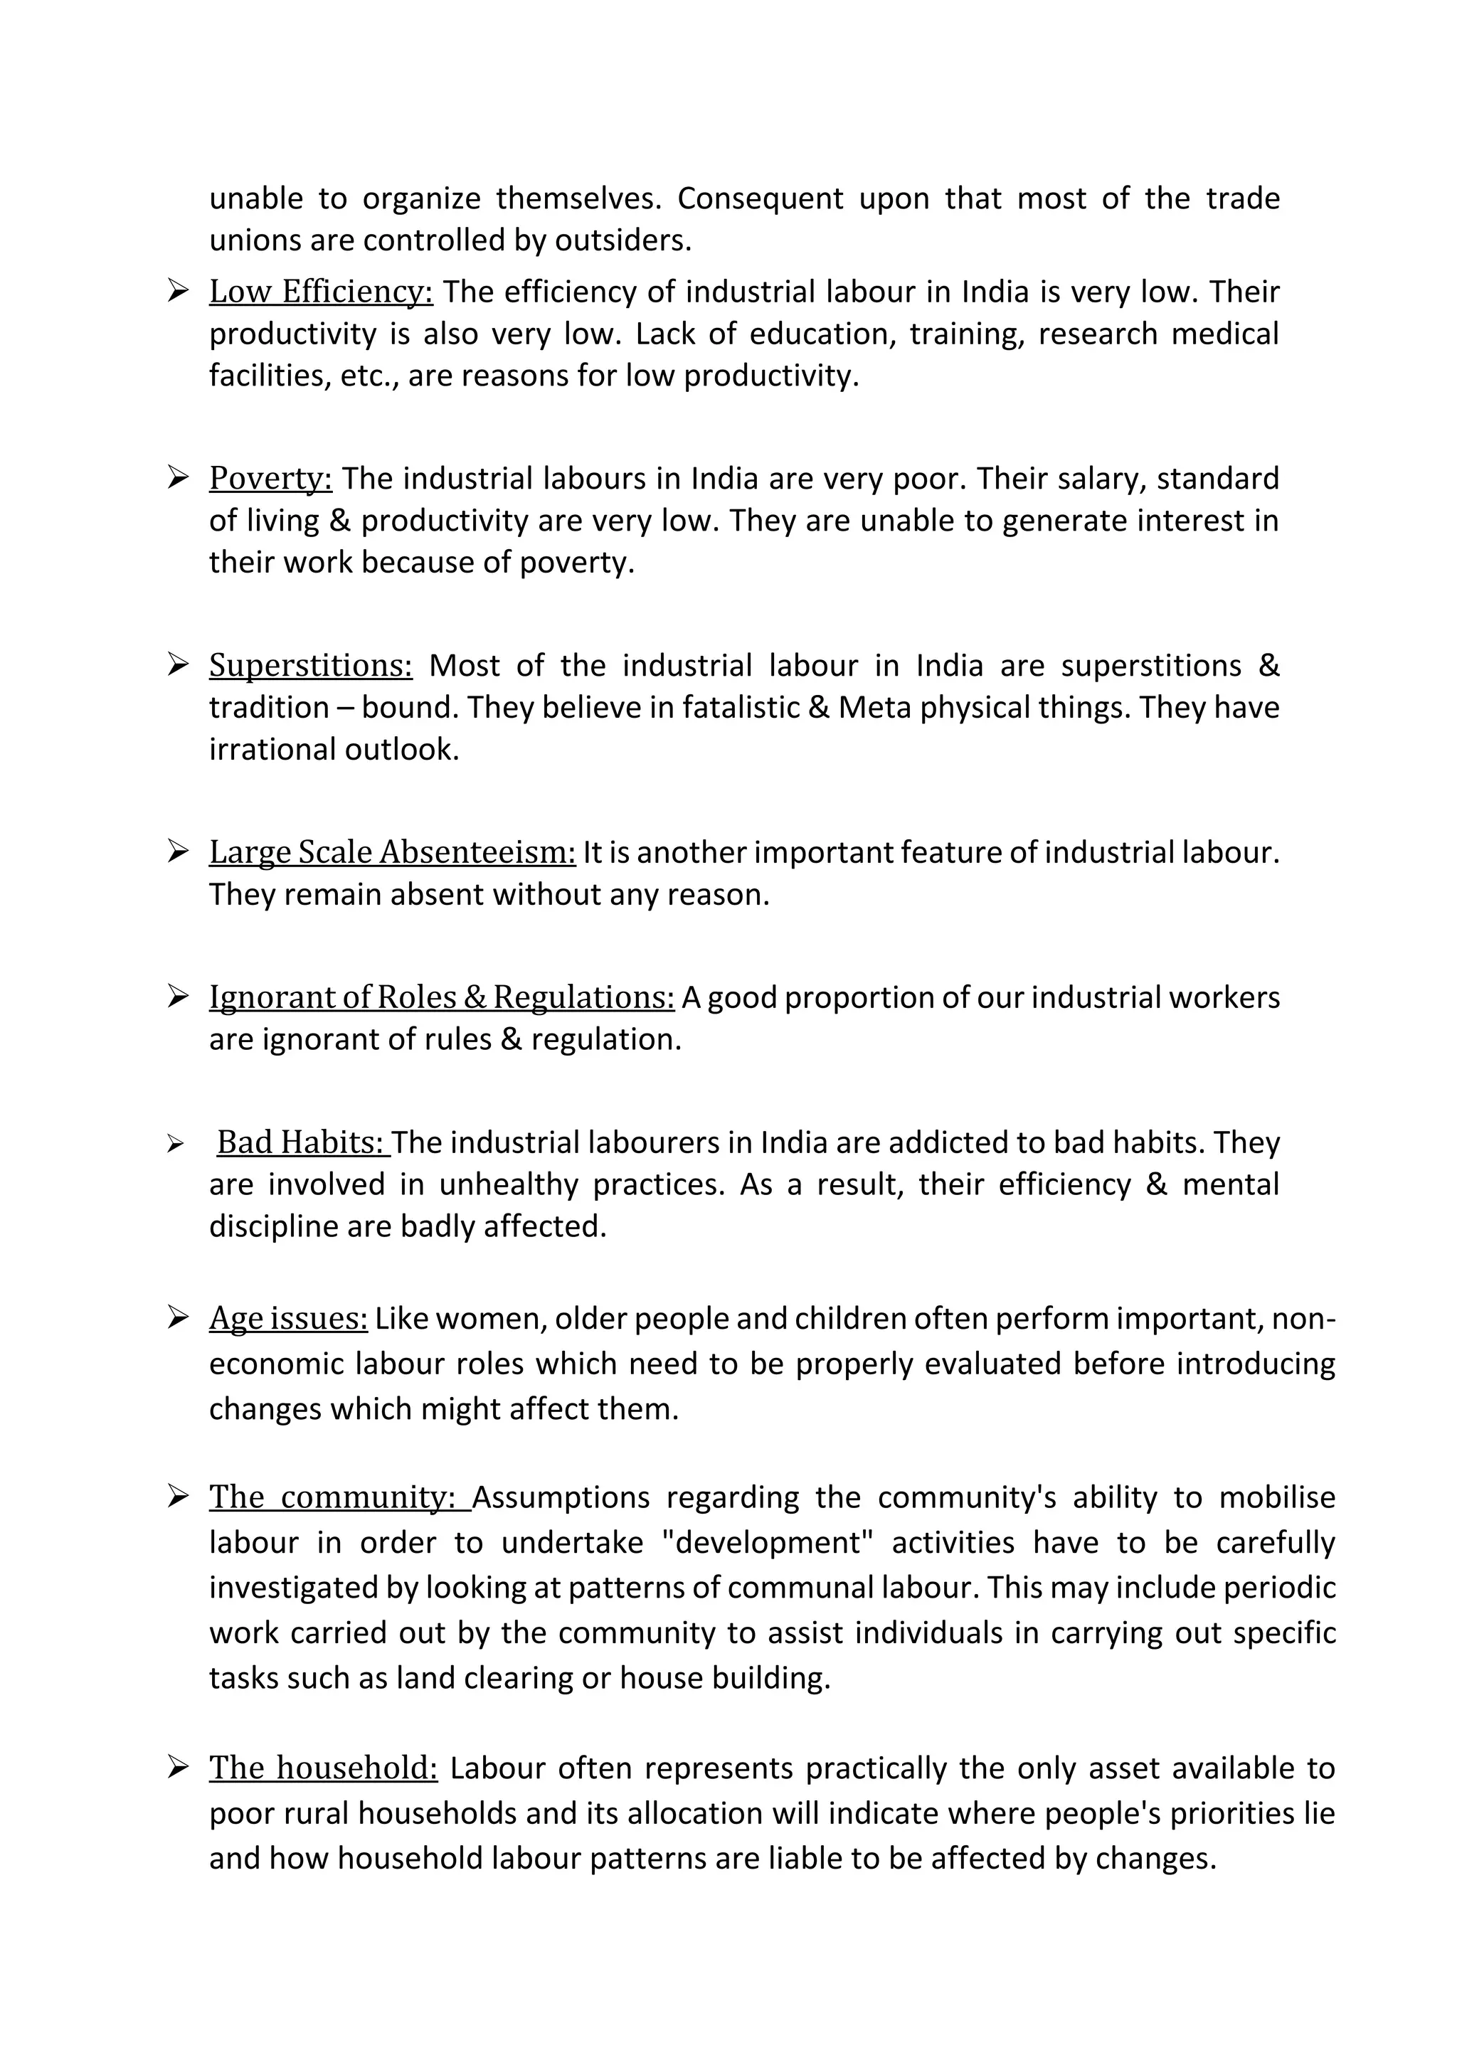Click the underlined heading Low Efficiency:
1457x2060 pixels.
pyautogui.click(x=320, y=292)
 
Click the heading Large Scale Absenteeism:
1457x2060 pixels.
pyautogui.click(x=392, y=851)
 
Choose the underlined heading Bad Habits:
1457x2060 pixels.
pyautogui.click(x=302, y=1142)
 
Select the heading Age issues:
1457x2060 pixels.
pyautogui.click(x=288, y=1318)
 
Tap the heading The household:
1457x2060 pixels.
pyautogui.click(x=323, y=1768)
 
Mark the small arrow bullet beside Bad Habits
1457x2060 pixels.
pyautogui.click(x=175, y=1144)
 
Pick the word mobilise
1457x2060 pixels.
pyautogui.click(x=1275, y=1497)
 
